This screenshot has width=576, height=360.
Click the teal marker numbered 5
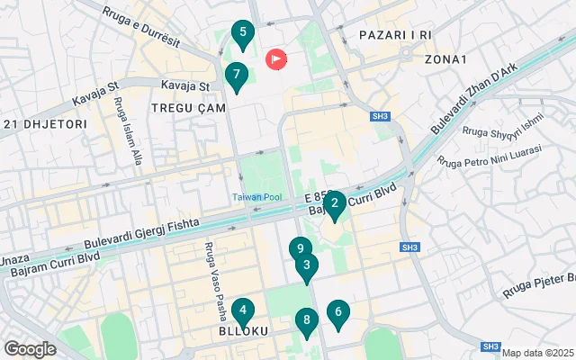click(x=241, y=33)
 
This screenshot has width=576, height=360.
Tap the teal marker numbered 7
click(x=236, y=76)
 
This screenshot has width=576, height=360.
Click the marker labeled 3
click(x=307, y=265)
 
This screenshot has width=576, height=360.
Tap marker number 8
click(x=307, y=320)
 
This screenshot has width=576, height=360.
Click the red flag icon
click(x=275, y=60)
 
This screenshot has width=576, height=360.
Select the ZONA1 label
click(x=447, y=59)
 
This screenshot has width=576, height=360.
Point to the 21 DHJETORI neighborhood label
click(x=44, y=123)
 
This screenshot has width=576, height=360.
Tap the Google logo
click(x=31, y=348)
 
